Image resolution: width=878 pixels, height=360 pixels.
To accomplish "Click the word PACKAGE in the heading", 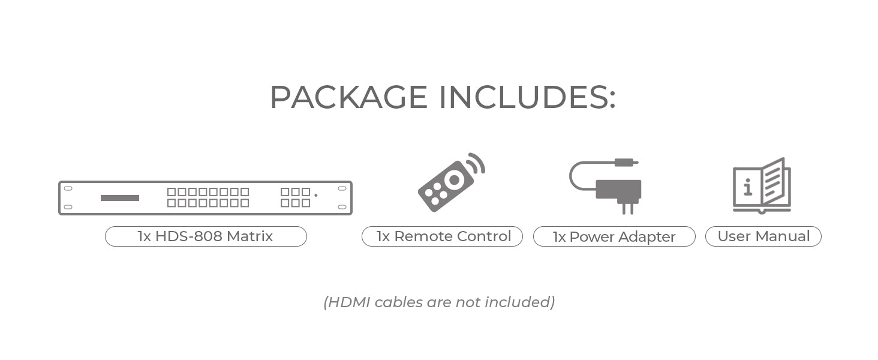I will point(348,97).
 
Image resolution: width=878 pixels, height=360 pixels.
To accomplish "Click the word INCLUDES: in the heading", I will point(527,97).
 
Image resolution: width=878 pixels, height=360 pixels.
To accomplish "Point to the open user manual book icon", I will point(762,185).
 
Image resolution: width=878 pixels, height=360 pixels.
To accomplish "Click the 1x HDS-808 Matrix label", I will point(206,236).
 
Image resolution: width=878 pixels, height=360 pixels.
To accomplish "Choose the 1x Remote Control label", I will point(442,236).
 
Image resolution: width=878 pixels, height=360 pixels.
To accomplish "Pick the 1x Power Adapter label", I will point(614,237).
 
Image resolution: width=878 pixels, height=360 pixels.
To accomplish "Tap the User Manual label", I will point(763,236).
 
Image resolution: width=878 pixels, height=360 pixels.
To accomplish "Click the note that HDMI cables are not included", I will point(439,302).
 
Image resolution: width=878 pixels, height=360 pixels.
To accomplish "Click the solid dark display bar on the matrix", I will point(120,198).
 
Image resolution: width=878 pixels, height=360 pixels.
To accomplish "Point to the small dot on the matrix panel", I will point(316,196).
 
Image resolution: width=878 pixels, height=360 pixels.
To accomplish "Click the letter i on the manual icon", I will point(747,187).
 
